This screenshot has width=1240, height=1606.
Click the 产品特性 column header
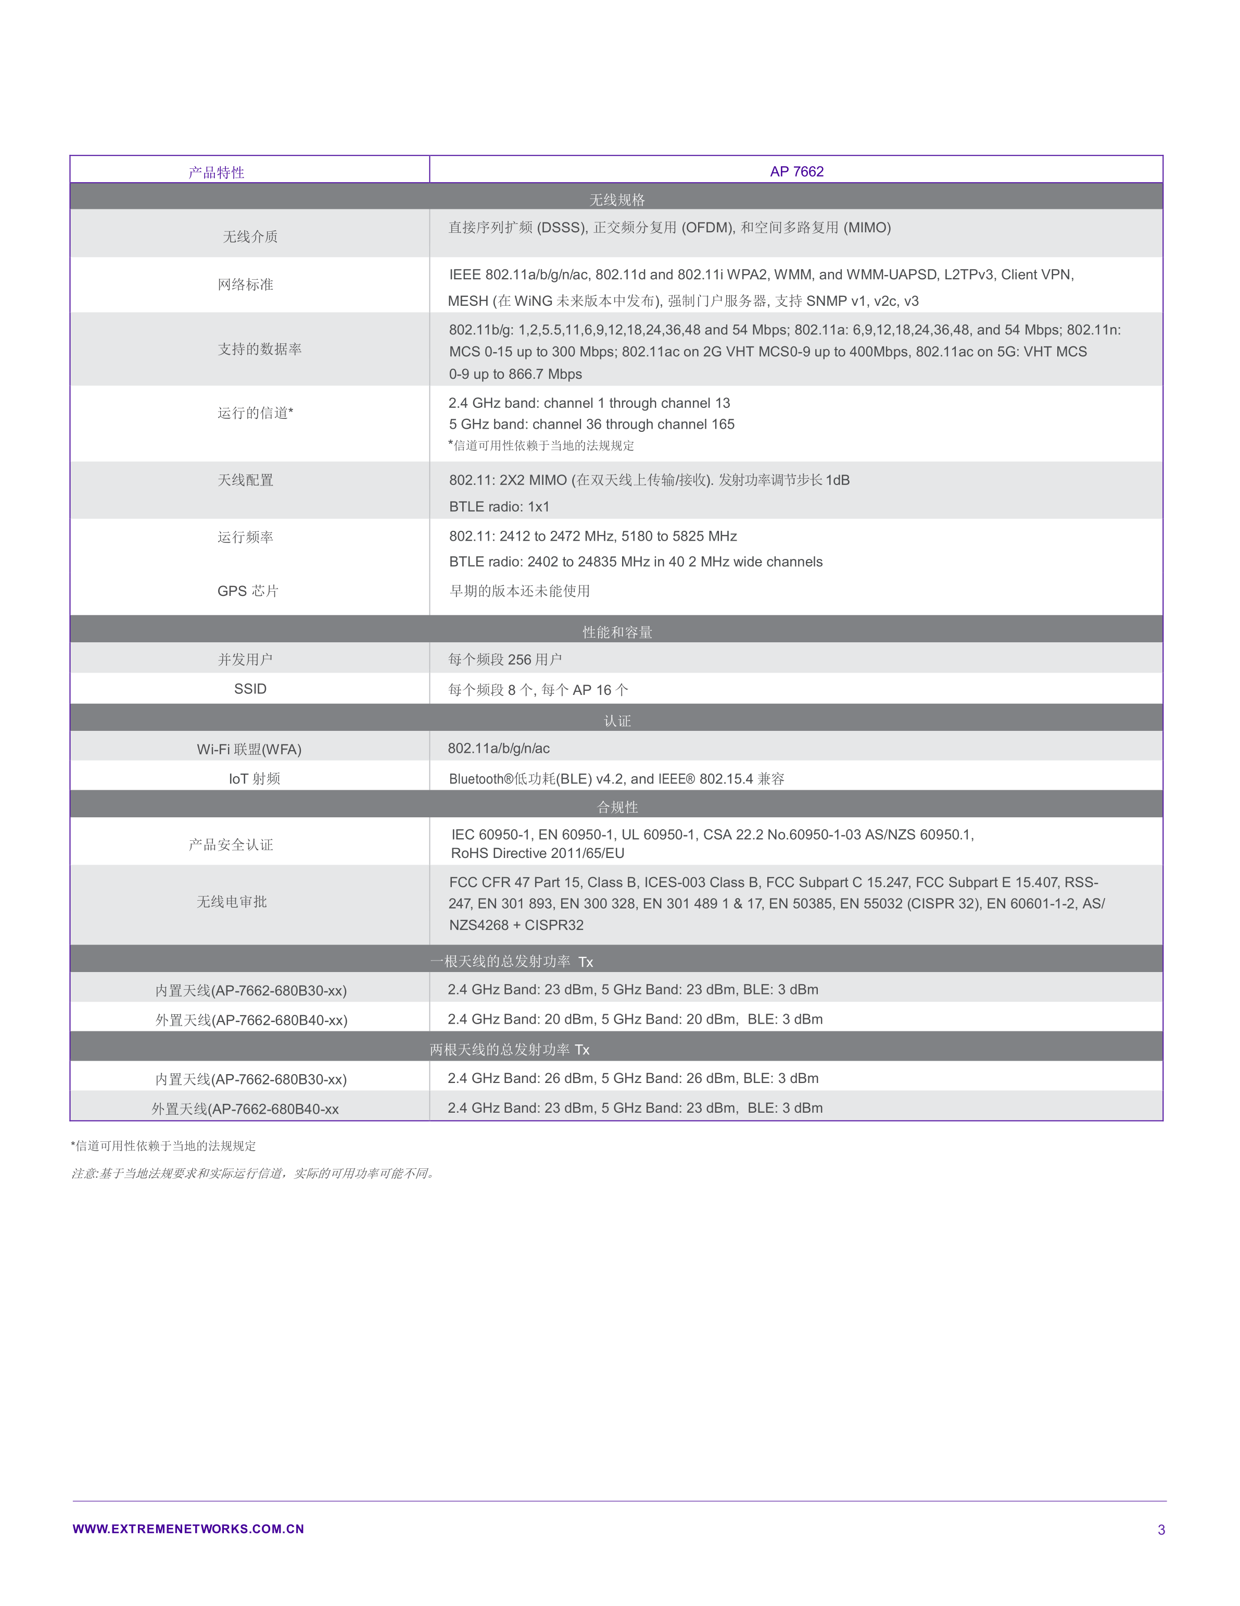point(216,172)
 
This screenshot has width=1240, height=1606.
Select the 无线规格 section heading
point(617,200)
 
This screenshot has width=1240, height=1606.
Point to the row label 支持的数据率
point(259,348)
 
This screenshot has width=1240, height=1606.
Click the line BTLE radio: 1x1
point(499,507)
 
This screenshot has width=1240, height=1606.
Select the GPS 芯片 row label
point(248,591)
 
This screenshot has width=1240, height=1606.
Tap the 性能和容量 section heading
point(617,632)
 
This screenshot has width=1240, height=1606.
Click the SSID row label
point(250,689)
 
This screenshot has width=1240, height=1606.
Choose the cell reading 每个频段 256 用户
point(505,659)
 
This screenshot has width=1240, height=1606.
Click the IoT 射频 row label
point(255,779)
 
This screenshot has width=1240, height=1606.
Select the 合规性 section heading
point(617,807)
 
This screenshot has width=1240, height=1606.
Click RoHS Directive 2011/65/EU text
point(537,853)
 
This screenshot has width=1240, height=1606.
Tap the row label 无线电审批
point(232,902)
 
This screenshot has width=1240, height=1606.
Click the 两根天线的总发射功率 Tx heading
point(509,1049)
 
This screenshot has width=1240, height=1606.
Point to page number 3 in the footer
point(1161,1529)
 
